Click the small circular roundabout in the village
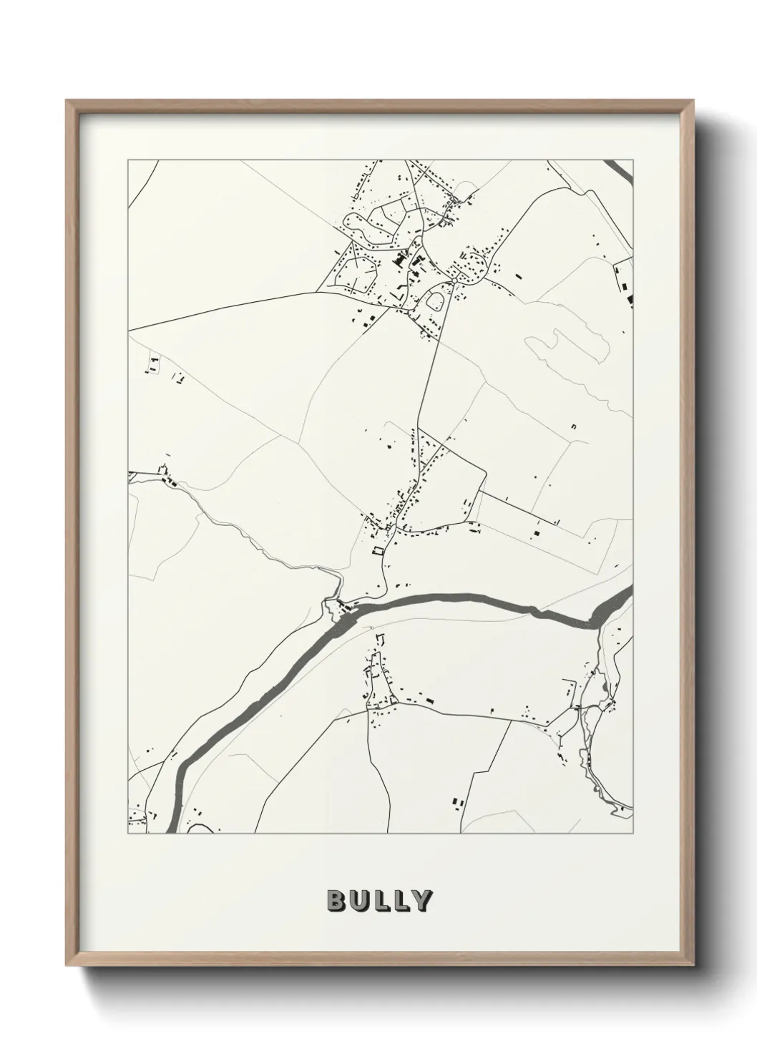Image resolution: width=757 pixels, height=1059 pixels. [434, 301]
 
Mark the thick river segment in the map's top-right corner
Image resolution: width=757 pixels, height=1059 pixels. [621, 170]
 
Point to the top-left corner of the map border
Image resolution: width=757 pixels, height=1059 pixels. [128, 160]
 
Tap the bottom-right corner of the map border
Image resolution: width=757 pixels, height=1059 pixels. [633, 834]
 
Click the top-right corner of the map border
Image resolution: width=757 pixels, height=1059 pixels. [633, 160]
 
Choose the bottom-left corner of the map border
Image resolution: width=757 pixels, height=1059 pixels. [128, 834]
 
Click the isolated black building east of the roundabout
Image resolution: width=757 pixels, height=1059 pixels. [518, 274]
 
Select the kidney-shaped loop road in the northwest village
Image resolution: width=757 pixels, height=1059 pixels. [360, 225]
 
